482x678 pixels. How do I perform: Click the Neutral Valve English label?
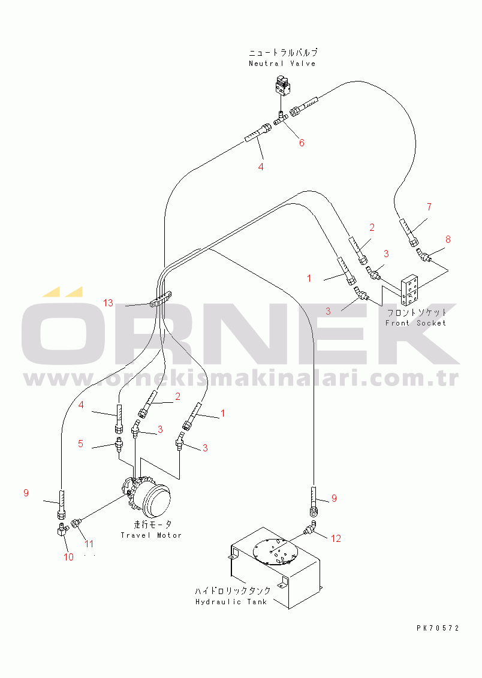point(282,64)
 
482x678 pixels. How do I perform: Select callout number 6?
point(302,143)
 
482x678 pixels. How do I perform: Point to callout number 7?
point(429,207)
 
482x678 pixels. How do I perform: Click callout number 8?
point(448,239)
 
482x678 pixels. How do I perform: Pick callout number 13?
point(108,303)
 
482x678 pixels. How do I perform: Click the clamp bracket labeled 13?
point(162,299)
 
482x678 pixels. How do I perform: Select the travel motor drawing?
point(147,497)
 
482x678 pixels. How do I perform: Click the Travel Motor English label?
point(151,535)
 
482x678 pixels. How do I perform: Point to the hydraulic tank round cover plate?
point(276,551)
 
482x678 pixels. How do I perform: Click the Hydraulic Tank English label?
point(231,602)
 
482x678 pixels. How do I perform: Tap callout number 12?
point(336,538)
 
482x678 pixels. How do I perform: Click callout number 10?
point(69,557)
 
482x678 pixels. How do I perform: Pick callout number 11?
point(89,544)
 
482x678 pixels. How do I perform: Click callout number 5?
point(80,444)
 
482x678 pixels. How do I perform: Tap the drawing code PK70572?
point(438,628)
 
